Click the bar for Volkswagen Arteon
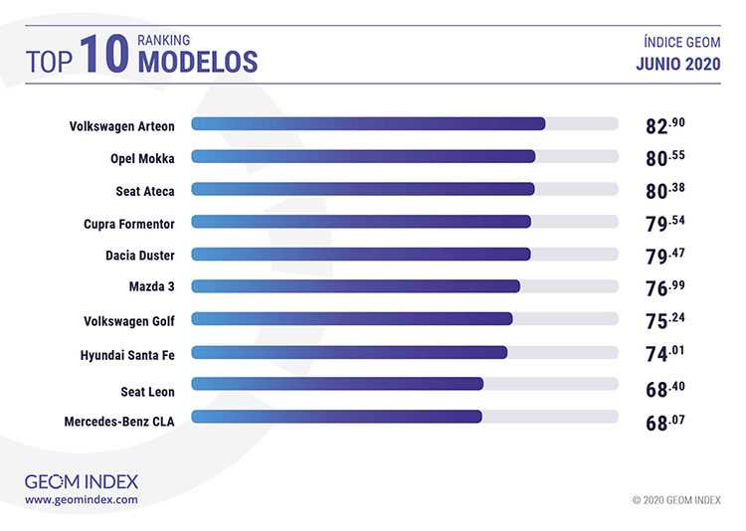[368, 124]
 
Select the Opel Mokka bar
[363, 156]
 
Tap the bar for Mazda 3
[355, 286]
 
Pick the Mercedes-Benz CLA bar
[336, 417]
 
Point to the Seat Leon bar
[337, 384]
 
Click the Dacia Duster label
[140, 255]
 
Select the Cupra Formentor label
[129, 223]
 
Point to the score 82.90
[665, 125]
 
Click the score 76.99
[665, 287]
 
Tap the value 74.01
[665, 353]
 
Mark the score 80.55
[665, 157]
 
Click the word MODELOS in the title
[197, 63]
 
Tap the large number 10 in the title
[105, 55]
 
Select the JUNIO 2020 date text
[678, 65]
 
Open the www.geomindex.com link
[82, 499]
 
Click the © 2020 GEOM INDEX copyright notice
[676, 500]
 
